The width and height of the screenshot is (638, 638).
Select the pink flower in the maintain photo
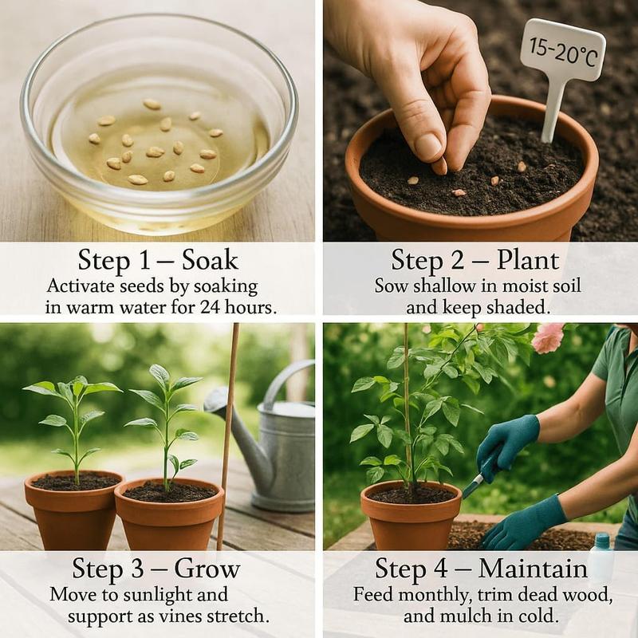(x=548, y=337)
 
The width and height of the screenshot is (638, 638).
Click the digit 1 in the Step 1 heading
(x=132, y=261)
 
